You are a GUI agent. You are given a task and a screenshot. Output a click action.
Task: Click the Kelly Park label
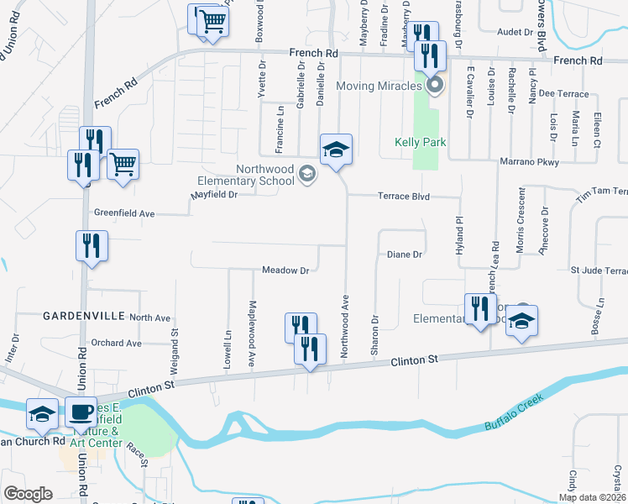(420, 142)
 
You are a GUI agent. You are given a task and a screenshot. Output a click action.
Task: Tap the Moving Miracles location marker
(434, 85)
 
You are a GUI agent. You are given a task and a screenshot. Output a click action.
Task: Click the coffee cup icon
(82, 414)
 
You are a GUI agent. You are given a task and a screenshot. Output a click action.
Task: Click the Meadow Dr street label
(286, 270)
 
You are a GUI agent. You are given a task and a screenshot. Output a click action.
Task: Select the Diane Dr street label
(404, 254)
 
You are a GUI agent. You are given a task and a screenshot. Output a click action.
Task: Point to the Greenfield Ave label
(124, 214)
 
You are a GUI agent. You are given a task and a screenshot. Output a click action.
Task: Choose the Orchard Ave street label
(117, 343)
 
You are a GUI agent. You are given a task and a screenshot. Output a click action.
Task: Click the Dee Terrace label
(565, 94)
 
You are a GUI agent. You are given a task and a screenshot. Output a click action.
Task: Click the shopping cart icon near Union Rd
(123, 164)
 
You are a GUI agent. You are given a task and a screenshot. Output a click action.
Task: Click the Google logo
(28, 494)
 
